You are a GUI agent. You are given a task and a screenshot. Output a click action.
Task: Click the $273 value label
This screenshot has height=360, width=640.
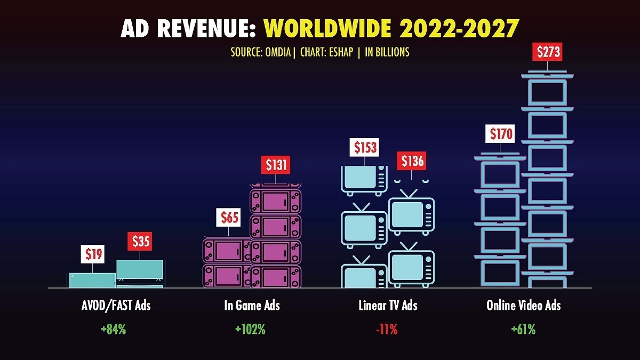coord(547,52)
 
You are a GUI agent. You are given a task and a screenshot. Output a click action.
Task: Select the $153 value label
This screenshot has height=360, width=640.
coord(365,147)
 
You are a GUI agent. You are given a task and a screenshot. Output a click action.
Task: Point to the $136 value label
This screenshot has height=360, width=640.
coord(412,161)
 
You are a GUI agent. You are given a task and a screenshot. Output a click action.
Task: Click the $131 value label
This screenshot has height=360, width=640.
coord(276,165)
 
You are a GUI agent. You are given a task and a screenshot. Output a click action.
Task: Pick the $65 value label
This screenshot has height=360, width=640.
coord(230,218)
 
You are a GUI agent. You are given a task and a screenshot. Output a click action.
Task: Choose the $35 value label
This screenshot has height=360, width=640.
coord(140,242)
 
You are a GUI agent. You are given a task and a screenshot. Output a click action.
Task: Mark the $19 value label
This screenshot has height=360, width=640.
coord(93,254)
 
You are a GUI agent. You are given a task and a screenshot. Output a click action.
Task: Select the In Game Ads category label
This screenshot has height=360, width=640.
coord(251,306)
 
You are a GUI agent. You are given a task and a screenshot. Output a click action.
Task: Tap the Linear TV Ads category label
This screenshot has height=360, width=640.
coord(388,306)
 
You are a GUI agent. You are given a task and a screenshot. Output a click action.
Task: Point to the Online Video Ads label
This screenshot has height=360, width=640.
coord(523,306)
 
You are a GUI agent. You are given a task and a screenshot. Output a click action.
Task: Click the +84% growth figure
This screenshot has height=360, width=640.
coord(113,330)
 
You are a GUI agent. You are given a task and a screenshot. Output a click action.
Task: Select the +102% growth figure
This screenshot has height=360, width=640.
coord(250,330)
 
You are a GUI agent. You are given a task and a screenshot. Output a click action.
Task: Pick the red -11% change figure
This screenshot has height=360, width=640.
coord(387,330)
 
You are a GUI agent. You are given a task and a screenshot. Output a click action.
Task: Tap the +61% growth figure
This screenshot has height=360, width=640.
coord(523,330)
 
